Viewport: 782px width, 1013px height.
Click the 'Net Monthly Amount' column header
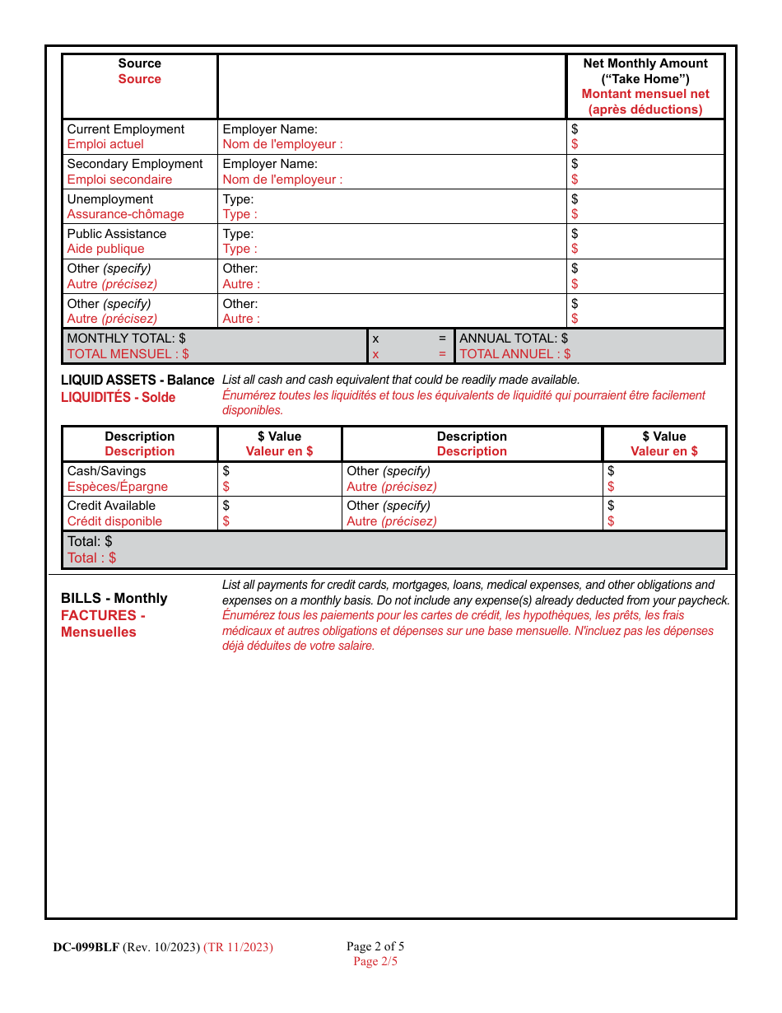tap(645, 63)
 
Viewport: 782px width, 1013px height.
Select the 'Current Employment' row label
tap(126, 129)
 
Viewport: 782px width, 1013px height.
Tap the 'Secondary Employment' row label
tap(135, 164)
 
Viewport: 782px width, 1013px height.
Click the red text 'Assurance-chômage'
tap(126, 214)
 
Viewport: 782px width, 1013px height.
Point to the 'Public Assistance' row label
tap(117, 234)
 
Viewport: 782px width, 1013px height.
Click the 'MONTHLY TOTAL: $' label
tap(126, 338)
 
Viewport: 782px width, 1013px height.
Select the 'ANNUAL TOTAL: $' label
tap(514, 338)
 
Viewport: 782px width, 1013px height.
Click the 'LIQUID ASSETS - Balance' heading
tap(137, 380)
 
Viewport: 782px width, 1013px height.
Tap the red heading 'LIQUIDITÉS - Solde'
tap(119, 397)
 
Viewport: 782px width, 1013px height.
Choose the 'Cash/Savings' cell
tap(107, 471)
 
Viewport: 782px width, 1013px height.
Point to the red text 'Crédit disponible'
tap(114, 521)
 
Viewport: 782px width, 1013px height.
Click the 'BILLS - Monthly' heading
tap(114, 599)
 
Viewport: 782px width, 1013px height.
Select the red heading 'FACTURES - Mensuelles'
tap(103, 624)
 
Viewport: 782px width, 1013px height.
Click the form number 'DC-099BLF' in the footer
tap(86, 947)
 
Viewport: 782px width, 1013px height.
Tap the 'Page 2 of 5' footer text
tap(375, 946)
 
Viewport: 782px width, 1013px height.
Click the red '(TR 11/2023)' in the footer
tap(238, 947)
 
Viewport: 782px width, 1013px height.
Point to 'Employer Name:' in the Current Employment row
tap(270, 129)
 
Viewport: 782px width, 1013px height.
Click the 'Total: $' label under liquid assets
tap(90, 542)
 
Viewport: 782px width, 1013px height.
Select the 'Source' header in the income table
tap(140, 63)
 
